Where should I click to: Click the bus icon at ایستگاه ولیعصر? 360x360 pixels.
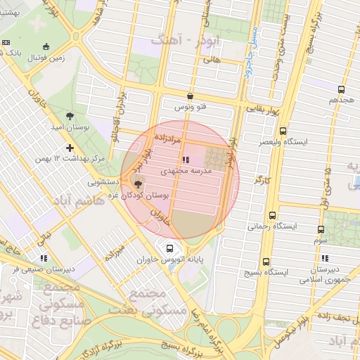pos(283,131)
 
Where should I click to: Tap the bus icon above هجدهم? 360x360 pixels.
pos(341,89)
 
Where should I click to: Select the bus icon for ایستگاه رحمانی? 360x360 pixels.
pos(273,216)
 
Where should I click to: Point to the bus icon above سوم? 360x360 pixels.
pos(321,229)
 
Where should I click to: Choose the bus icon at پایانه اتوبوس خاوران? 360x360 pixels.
pos(169,247)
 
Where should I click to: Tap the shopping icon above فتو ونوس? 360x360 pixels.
pos(190,96)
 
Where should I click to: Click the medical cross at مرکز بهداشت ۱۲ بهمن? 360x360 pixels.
pos(69,148)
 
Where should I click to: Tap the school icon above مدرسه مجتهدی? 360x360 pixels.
pos(185,160)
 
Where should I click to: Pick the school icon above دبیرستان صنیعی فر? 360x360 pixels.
pos(44,258)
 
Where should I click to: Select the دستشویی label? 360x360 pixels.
pos(107,182)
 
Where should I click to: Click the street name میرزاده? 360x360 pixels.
pos(115,250)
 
